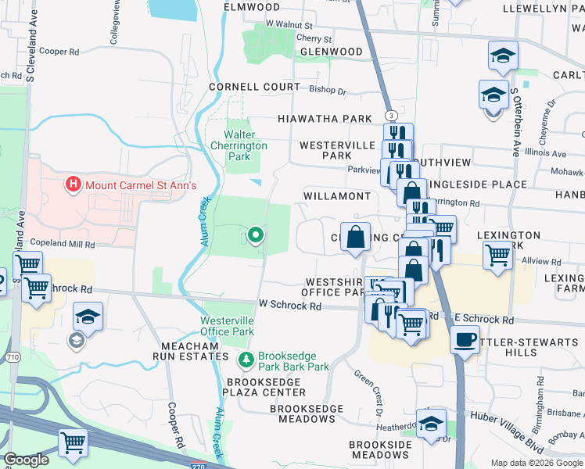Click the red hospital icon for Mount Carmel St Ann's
point(73,185)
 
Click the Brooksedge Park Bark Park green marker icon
point(246,360)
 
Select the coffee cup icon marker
point(465,340)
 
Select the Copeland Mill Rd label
point(68,245)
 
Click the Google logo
point(26,460)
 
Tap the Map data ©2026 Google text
point(537,463)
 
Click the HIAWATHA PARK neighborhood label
point(325,119)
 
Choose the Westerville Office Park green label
point(227,326)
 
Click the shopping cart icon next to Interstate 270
point(73,442)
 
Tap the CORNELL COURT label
point(254,87)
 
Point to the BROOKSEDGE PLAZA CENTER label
point(264,387)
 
